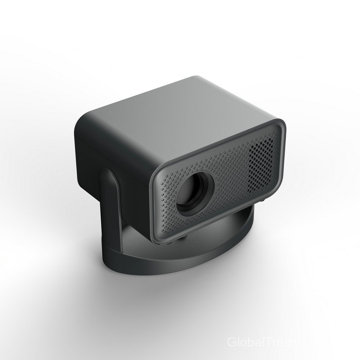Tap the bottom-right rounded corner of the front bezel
point(272,191)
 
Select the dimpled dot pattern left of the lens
point(166,198)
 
